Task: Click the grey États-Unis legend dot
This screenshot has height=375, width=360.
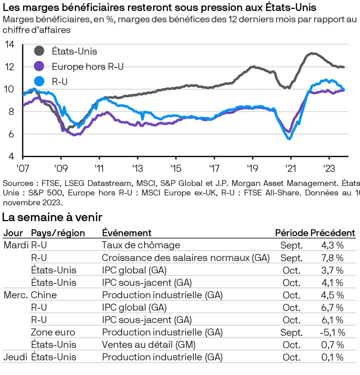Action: click(x=39, y=51)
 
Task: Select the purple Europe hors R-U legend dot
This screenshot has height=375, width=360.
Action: click(x=39, y=66)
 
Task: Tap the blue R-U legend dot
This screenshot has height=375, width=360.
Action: click(x=39, y=81)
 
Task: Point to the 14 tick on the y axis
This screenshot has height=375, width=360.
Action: click(x=10, y=44)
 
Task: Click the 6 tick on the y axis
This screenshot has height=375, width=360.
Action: click(x=11, y=134)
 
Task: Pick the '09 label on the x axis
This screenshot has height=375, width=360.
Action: click(x=61, y=168)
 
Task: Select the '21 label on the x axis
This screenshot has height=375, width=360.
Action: click(x=291, y=168)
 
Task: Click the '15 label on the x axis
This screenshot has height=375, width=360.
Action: click(x=176, y=168)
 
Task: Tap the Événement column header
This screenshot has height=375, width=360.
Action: click(x=127, y=233)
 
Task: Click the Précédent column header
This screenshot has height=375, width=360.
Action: click(x=332, y=233)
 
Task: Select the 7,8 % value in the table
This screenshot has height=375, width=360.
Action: click(x=332, y=258)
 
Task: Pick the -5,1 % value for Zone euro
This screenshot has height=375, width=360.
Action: click(x=332, y=332)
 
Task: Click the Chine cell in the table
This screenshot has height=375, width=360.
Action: click(x=44, y=295)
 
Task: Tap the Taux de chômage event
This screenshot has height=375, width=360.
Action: click(x=141, y=245)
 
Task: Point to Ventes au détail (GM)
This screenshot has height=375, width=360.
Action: click(x=149, y=345)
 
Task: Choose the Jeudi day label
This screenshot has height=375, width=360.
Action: click(x=15, y=357)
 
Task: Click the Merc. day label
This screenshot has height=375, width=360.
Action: click(x=16, y=295)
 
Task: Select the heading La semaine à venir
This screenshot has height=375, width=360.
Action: click(x=52, y=217)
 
